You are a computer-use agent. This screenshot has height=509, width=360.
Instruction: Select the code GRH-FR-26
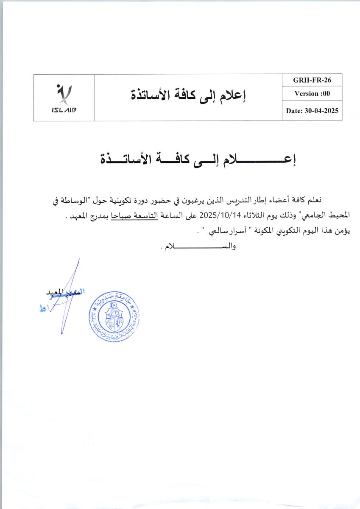coord(312,80)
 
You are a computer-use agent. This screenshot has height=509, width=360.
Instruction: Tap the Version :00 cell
coord(312,94)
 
